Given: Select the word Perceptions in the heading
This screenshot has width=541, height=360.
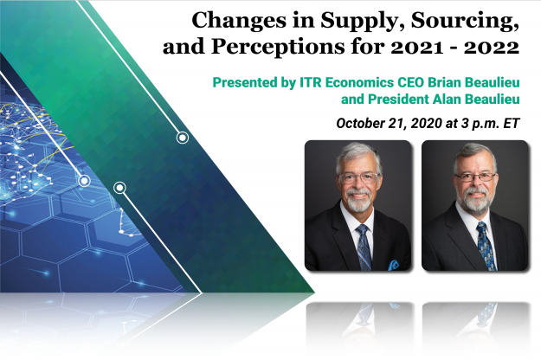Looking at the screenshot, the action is pyautogui.click(x=278, y=48).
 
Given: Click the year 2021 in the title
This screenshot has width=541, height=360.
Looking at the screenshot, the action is pyautogui.click(x=417, y=47).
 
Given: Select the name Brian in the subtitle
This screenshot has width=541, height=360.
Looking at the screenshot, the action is pyautogui.click(x=444, y=82).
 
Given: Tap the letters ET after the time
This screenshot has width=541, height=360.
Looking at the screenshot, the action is pyautogui.click(x=512, y=123).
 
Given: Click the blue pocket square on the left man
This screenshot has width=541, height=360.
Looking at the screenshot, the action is pyautogui.click(x=393, y=265).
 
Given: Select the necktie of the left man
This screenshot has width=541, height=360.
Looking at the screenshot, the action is pyautogui.click(x=364, y=247).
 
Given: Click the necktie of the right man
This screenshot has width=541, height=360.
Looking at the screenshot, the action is pyautogui.click(x=486, y=246).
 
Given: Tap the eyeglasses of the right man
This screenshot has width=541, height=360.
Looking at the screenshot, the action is pyautogui.click(x=475, y=177).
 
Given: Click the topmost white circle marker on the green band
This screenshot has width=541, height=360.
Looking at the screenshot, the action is pyautogui.click(x=183, y=138).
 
